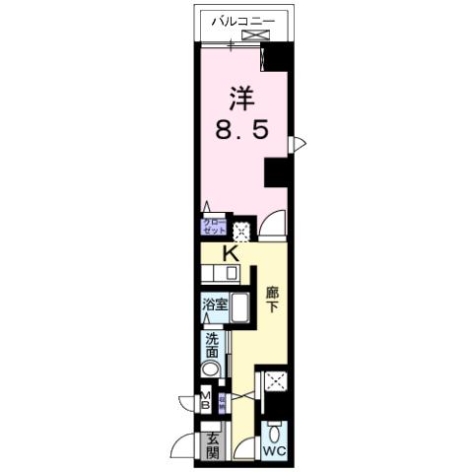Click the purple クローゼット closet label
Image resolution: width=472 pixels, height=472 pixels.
214,226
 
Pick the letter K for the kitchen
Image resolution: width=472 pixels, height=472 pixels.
231,253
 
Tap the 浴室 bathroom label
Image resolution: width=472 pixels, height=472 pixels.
215,304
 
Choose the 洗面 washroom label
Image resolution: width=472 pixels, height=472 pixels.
213,346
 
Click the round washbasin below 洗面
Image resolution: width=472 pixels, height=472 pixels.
212,370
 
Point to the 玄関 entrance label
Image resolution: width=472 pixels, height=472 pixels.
212,445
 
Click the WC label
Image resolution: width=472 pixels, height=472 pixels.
275,452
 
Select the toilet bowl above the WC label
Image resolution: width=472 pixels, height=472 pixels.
276,433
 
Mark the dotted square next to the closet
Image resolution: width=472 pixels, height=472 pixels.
241,231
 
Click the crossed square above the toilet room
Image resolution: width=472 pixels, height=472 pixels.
275,383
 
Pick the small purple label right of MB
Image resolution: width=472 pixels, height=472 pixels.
223,401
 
